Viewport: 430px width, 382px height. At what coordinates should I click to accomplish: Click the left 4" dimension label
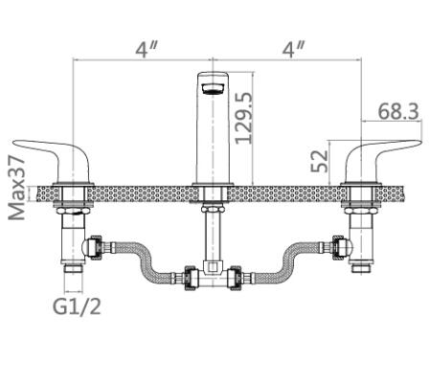(147, 50)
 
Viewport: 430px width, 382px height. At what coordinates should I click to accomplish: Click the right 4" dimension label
(293, 50)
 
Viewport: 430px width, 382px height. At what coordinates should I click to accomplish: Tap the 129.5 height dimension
(244, 118)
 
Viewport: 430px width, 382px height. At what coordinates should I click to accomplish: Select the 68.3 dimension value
(398, 111)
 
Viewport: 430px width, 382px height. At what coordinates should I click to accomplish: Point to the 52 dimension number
(320, 161)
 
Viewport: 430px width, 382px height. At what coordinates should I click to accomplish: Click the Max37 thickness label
(17, 189)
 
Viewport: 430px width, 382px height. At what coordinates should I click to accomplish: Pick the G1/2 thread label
(77, 306)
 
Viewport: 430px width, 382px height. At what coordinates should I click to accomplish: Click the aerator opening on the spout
(213, 88)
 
